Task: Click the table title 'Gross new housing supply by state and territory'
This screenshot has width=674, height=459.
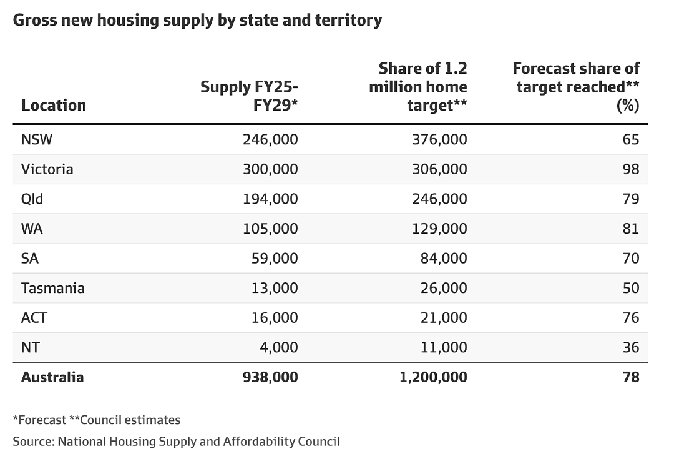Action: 197,21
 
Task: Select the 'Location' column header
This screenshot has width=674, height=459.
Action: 54,106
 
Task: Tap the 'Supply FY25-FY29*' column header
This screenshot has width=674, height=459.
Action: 249,96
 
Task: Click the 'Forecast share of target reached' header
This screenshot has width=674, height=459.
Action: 576,87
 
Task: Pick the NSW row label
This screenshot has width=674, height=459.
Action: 37,139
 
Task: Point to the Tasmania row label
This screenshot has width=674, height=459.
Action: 53,288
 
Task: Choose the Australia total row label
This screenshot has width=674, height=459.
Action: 52,377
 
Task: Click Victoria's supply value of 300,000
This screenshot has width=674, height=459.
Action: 270,169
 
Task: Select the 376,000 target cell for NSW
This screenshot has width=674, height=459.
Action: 439,139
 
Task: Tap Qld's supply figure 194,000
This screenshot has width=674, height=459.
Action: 270,199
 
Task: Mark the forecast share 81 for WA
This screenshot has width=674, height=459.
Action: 631,229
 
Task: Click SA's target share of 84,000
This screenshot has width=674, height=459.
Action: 444,258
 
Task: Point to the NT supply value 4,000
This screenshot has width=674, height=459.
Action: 278,347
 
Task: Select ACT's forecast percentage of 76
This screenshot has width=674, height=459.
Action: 631,317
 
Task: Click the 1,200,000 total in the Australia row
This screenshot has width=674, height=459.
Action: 433,377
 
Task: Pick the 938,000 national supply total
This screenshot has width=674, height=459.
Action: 270,377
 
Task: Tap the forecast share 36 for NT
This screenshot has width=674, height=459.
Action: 631,347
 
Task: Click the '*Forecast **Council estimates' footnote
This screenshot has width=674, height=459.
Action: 97,420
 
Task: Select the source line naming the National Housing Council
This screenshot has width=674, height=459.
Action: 176,442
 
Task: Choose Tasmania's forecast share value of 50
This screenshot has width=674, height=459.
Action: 631,288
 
